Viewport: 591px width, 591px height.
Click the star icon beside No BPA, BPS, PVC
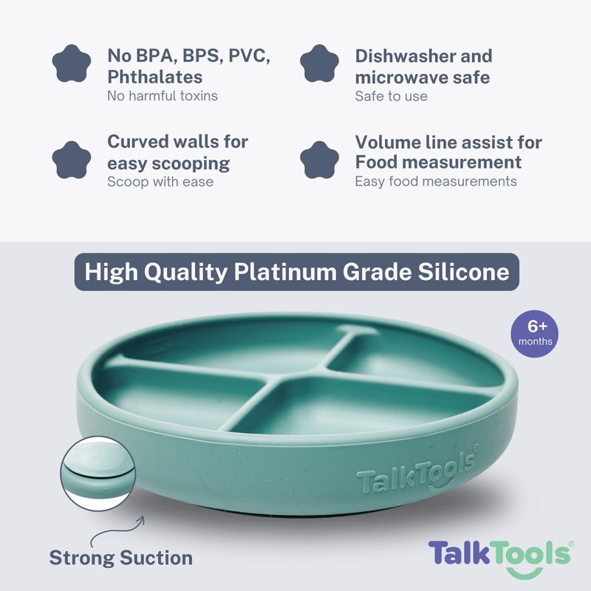point(72,65)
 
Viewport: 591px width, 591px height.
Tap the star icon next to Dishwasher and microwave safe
point(319,65)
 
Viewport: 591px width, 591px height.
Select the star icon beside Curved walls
point(72,158)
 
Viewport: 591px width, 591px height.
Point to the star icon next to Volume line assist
point(319,158)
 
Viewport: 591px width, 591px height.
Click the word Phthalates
point(154,77)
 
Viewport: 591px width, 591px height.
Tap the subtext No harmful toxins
point(163,96)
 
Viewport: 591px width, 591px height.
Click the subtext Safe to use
point(391,96)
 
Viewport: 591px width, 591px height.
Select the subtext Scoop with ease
point(160,182)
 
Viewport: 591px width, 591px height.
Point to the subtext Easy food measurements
point(436,182)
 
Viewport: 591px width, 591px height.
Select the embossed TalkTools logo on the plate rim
point(417,476)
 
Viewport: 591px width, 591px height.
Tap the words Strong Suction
point(121,558)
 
